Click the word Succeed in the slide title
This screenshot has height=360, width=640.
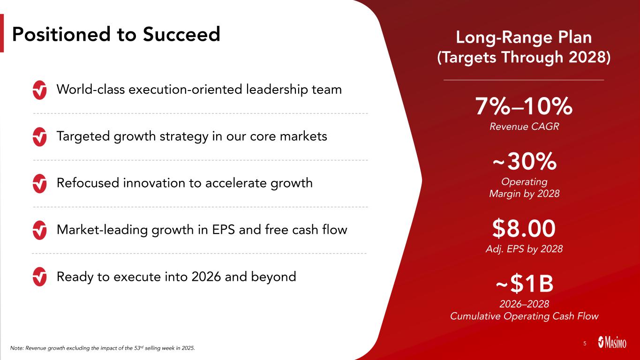pyautogui.click(x=181, y=34)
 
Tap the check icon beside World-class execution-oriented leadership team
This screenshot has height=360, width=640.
pyautogui.click(x=40, y=90)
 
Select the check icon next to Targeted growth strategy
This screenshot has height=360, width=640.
pyautogui.click(x=40, y=137)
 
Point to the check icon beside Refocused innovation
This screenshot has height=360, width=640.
pyautogui.click(x=40, y=183)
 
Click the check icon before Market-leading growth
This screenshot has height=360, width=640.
pyautogui.click(x=40, y=230)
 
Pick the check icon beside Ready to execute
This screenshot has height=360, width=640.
pyautogui.click(x=40, y=277)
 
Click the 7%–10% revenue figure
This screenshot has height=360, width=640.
pyautogui.click(x=524, y=106)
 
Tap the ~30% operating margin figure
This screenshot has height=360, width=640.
pyautogui.click(x=525, y=161)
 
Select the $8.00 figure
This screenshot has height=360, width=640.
pyautogui.click(x=524, y=228)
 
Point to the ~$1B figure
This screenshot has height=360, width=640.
pyautogui.click(x=525, y=284)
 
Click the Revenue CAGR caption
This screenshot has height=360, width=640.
pyautogui.click(x=524, y=127)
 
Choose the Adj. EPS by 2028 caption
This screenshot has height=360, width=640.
pyautogui.click(x=524, y=249)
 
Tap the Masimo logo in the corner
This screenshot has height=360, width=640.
pyautogui.click(x=612, y=342)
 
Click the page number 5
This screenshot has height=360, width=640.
pyautogui.click(x=585, y=344)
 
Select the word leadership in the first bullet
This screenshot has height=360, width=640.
pyautogui.click(x=276, y=90)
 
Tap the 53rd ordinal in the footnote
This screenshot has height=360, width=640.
pyautogui.click(x=139, y=348)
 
